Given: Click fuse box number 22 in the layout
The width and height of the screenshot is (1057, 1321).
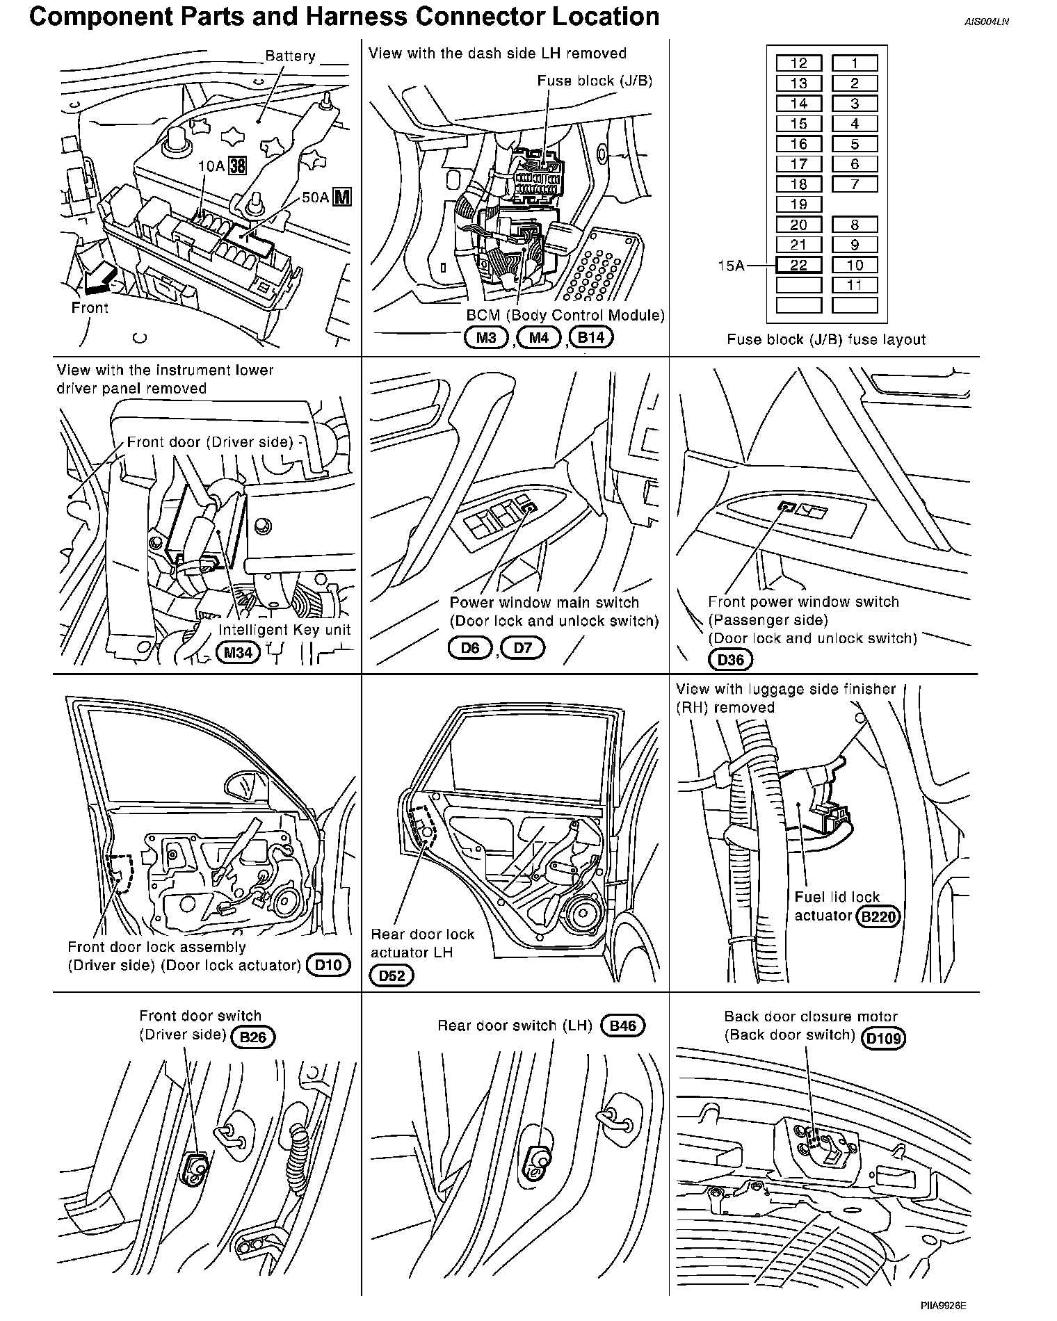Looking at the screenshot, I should [798, 265].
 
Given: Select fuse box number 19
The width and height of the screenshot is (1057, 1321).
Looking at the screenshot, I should [798, 204].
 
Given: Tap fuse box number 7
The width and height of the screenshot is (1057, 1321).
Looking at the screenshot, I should [855, 184].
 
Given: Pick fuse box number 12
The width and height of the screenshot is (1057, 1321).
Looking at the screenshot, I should [798, 63].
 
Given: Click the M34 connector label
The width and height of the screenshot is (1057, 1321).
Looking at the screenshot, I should [239, 653].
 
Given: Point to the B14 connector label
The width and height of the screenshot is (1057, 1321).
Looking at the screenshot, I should [591, 338].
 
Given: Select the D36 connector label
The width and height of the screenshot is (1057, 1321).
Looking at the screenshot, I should [730, 659].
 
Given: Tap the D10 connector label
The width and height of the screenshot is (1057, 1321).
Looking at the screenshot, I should [328, 965].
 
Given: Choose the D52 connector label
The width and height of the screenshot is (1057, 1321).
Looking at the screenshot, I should [392, 975].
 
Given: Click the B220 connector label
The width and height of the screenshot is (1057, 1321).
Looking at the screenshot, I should [878, 916].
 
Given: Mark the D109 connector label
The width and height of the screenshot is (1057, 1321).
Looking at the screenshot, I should [884, 1039].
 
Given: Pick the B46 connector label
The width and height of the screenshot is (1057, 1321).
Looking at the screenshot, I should [622, 1026].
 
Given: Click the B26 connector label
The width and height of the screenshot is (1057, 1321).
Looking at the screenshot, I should [253, 1037].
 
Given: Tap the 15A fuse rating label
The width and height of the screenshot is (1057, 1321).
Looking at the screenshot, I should [732, 265].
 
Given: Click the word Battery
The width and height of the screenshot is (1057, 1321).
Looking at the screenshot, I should [290, 56].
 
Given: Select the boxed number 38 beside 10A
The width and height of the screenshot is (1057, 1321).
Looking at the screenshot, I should [238, 166].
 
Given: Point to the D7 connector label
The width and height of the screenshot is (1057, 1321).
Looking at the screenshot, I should [522, 648].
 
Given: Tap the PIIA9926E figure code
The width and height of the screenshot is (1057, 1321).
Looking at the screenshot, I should [944, 1306].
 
